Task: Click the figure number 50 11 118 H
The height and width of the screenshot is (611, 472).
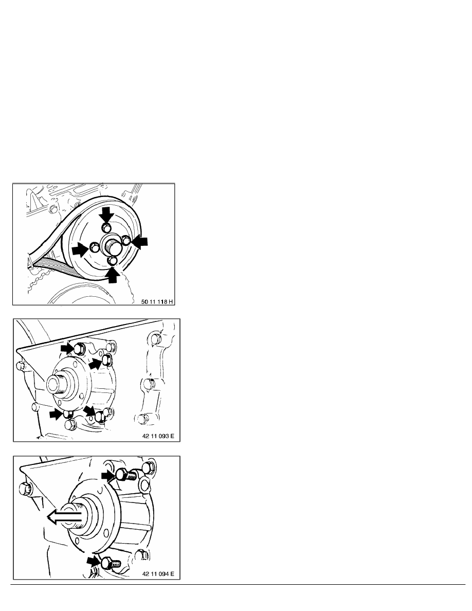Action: click(x=157, y=301)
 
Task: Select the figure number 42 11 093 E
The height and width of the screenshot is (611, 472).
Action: click(x=158, y=436)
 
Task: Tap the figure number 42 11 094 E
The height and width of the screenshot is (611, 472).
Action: click(x=158, y=573)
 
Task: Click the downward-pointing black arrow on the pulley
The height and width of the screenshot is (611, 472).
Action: click(x=106, y=214)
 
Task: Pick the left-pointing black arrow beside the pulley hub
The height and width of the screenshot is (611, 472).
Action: click(x=139, y=242)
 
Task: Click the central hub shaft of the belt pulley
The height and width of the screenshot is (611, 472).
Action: click(x=113, y=247)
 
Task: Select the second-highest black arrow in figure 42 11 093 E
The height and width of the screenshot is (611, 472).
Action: click(x=96, y=364)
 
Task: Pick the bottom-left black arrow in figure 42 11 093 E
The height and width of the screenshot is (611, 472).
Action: click(x=57, y=414)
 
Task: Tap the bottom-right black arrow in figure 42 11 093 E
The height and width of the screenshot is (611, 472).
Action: click(x=89, y=411)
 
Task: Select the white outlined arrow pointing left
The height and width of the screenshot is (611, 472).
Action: click(x=65, y=517)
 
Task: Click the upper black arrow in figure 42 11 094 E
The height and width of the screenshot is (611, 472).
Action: click(x=108, y=475)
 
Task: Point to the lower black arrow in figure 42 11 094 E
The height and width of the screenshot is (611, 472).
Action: click(x=94, y=561)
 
